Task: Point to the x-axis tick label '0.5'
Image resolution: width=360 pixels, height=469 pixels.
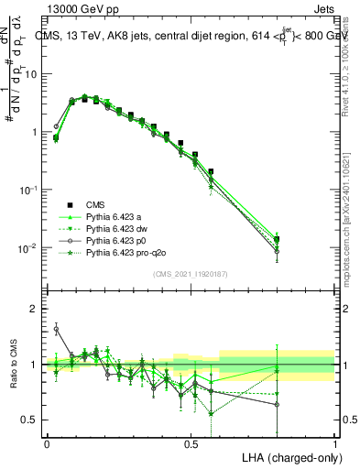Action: click(191, 443)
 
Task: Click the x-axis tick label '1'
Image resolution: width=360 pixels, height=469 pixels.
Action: click(334, 443)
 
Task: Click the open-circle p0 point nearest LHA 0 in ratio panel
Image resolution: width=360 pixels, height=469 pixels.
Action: click(56, 329)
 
